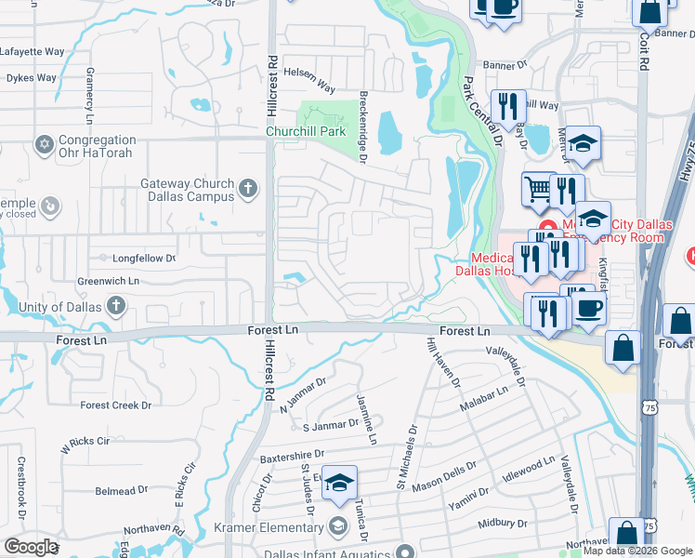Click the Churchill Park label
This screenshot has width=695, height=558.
308,132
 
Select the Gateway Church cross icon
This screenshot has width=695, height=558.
247,189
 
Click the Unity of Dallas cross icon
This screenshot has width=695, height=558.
115,305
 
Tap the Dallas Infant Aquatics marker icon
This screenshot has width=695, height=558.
403,551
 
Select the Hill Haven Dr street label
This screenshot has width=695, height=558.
442,362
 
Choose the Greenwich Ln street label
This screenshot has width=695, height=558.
109,280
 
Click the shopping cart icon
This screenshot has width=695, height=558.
537,189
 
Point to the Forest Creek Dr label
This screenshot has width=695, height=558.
115,405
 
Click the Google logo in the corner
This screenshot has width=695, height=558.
31,547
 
